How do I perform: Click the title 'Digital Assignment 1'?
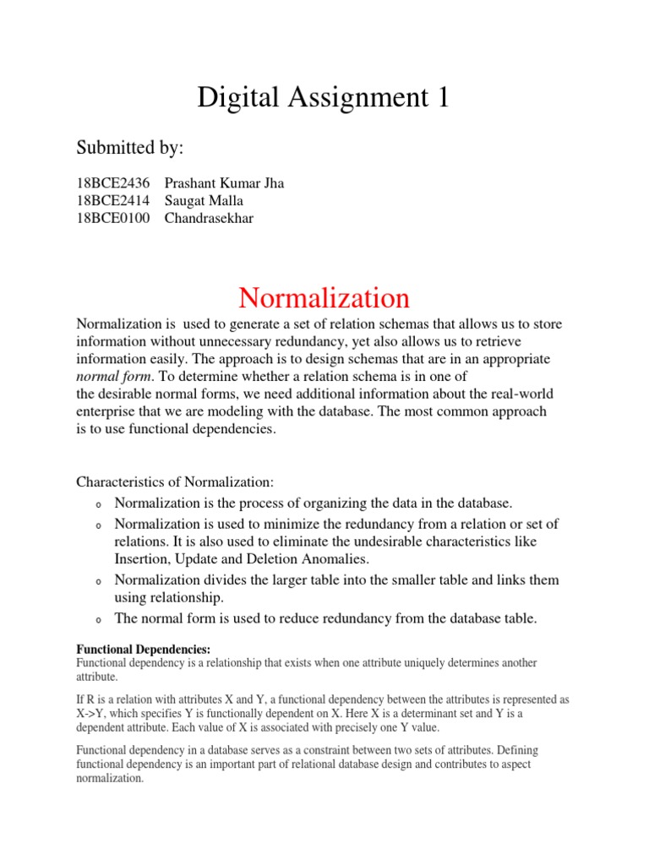(x=324, y=97)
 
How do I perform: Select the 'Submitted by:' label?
(x=130, y=148)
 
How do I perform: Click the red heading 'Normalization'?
(x=324, y=297)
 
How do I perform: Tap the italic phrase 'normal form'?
(x=112, y=376)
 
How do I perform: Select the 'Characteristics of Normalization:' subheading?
(x=176, y=481)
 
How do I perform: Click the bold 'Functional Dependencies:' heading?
(x=132, y=650)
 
